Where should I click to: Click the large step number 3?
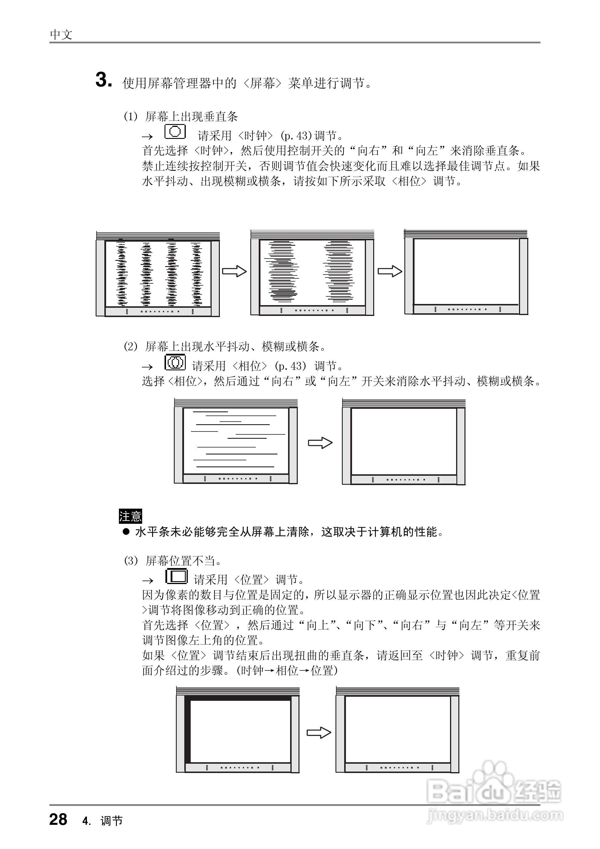coord(103,80)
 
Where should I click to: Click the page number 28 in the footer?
coord(58,819)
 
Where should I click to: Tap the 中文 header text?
coord(61,35)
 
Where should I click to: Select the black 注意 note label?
coord(130,516)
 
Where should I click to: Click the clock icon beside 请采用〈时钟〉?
coord(175,132)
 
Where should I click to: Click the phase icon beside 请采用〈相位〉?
coord(175,362)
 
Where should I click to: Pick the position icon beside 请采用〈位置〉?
coord(177,576)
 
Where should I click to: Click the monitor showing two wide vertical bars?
coord(312,273)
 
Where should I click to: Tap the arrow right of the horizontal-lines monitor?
coord(320,443)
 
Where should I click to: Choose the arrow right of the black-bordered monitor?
coord(319,733)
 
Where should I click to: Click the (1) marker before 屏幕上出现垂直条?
coord(130,117)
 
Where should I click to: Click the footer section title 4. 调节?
coord(102,820)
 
